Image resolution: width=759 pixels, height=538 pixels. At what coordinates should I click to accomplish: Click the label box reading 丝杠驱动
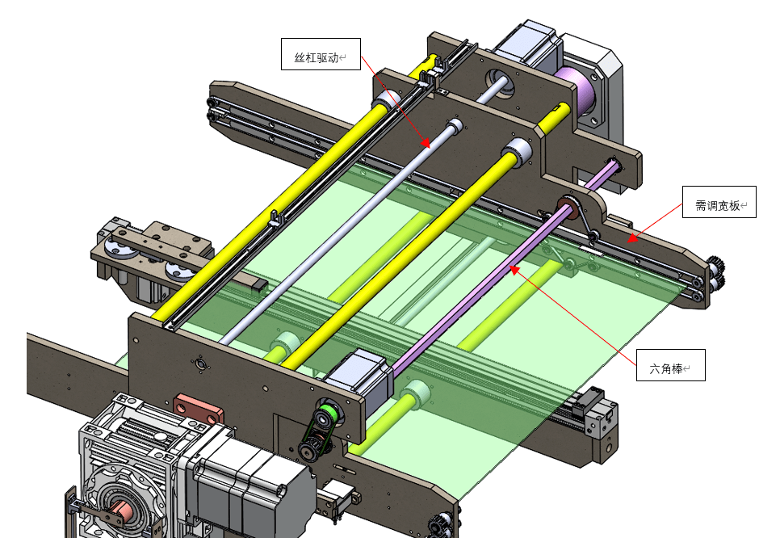(x=321, y=54)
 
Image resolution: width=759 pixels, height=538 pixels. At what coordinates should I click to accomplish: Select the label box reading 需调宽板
(x=719, y=202)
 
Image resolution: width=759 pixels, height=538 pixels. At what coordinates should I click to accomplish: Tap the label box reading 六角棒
(x=670, y=365)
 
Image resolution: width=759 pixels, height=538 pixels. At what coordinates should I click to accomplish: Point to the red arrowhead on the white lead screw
(x=426, y=143)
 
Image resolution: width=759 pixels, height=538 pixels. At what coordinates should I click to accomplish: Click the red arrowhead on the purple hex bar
(x=514, y=268)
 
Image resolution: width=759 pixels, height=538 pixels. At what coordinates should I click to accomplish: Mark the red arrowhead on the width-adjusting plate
(x=632, y=238)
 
